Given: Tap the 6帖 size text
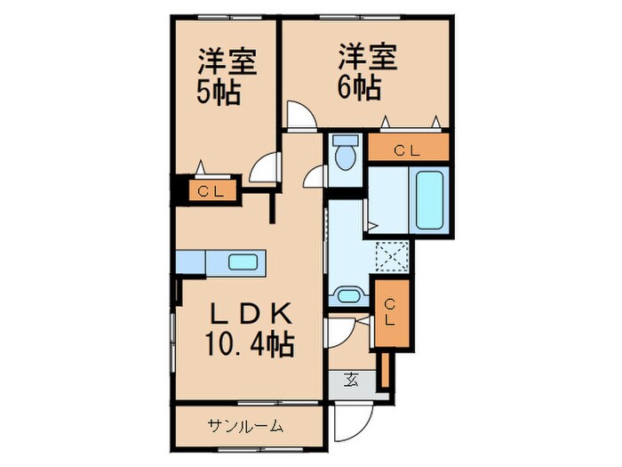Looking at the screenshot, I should click(359, 88).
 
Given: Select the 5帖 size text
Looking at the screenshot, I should click(218, 93).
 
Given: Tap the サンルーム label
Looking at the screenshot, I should click(246, 426).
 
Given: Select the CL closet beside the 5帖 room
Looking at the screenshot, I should click(211, 190).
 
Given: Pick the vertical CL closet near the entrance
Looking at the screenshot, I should click(390, 311).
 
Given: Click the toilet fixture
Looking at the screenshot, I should click(345, 153).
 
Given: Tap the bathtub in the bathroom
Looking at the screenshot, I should click(429, 200).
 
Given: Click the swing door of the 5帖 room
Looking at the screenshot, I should click(265, 169).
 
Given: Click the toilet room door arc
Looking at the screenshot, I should click(315, 177).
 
